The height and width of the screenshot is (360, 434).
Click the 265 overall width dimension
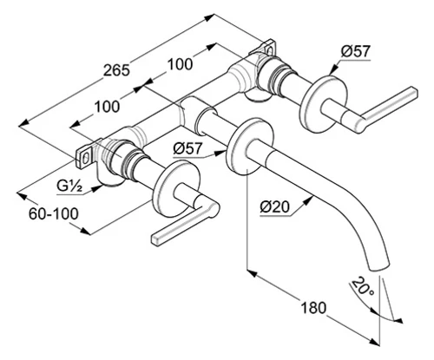click(116, 70)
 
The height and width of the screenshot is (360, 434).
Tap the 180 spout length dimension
click(313, 308)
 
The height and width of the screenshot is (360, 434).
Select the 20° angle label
click(362, 286)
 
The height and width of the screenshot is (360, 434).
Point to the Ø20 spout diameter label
click(275, 207)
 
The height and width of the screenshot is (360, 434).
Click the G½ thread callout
click(69, 187)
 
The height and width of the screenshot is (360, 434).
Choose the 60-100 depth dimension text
click(54, 214)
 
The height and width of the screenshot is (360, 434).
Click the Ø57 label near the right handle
click(355, 51)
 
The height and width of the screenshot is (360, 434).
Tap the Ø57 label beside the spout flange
click(187, 148)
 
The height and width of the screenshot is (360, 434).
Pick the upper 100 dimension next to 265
click(180, 64)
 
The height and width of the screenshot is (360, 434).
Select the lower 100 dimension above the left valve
click(107, 107)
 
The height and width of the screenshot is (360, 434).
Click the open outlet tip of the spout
click(380, 267)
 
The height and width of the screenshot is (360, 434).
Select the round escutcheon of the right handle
click(324, 104)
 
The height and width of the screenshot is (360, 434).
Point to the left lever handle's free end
click(156, 239)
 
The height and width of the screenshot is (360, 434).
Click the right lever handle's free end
click(412, 91)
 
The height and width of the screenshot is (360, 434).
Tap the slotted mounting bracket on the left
click(84, 159)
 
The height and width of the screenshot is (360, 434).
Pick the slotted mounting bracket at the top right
click(268, 48)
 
